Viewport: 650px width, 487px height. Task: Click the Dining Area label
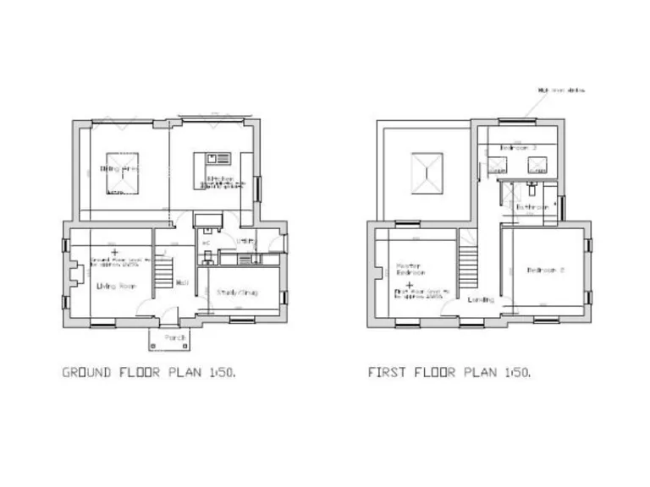120,169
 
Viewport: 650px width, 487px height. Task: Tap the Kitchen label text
222,178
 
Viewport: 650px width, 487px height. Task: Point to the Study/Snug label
236,292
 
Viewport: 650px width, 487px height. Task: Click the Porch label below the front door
175,337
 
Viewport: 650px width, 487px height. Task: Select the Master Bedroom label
410,271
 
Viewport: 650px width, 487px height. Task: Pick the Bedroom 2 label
545,271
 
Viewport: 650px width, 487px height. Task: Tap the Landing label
460,300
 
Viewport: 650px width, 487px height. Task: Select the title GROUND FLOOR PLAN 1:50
155,371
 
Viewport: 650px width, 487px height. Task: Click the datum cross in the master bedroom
409,285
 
